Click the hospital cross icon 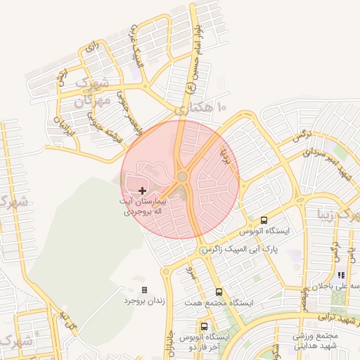[143, 190]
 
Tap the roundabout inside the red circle [182, 176]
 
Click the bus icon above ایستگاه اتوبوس [264, 220]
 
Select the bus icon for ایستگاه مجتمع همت [219, 292]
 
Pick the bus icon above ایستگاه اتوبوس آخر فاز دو [204, 327]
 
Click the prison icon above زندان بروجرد [144, 290]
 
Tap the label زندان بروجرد [143, 301]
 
